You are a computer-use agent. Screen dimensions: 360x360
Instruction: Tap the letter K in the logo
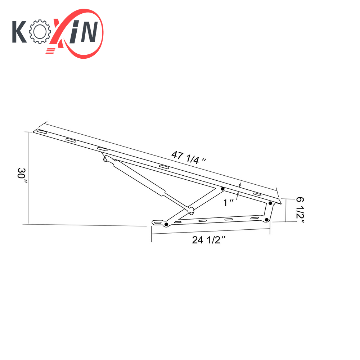pos(20,32)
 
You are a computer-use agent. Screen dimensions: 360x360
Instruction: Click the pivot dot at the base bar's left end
pos(166,225)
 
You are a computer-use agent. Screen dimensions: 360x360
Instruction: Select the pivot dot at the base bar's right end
pos(266,219)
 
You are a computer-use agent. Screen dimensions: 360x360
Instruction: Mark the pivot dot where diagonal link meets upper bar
pos(222,189)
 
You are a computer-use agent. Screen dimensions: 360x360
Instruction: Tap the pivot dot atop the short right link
pos(270,203)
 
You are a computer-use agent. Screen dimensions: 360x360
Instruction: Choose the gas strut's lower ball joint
pos(190,210)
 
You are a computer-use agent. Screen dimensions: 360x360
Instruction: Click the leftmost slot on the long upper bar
pos(41,132)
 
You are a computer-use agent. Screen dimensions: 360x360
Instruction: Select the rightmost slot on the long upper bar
pos(258,194)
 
